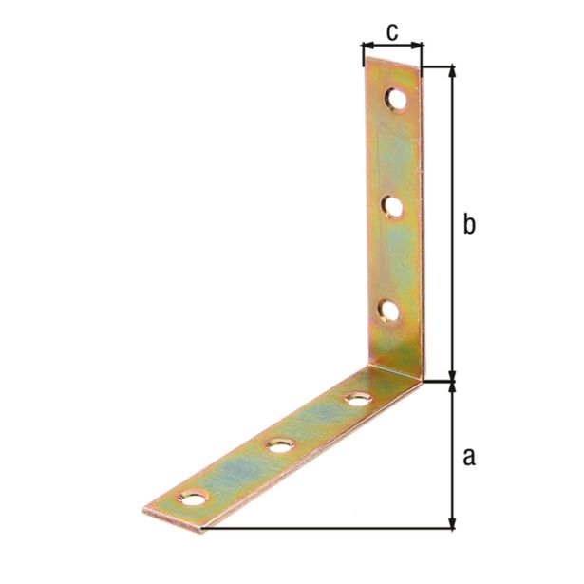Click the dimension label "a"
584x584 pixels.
467,457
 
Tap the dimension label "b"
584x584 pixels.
468,225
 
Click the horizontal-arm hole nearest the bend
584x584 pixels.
357,399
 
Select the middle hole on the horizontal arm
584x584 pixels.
279,443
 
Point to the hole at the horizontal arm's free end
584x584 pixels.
194,496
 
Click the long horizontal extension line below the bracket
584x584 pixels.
332,528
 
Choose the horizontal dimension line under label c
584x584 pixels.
391,45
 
